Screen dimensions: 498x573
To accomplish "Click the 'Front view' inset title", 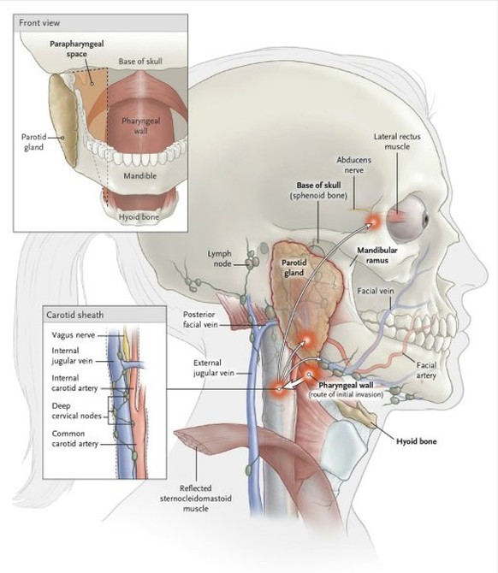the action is coord(39,23).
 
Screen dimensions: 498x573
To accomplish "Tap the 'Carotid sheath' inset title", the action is coord(75,315).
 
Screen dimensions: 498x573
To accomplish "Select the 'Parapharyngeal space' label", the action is coord(77,49).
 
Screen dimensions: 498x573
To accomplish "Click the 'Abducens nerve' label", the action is coord(354,165).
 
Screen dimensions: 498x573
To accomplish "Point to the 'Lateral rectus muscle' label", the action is coord(397,141).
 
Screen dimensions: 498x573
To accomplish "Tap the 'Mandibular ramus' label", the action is coord(377,256).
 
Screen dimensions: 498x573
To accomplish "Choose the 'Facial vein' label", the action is coord(376,291).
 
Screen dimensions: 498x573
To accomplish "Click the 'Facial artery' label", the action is coord(426,370).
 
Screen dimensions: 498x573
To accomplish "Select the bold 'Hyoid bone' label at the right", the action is coord(417,441).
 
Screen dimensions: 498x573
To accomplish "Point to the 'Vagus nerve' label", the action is coord(73,335).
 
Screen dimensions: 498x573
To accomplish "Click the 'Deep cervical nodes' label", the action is coord(76,411).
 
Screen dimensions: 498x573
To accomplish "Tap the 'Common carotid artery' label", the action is coord(75,439).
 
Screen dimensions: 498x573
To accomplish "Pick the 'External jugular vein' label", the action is coord(214,368).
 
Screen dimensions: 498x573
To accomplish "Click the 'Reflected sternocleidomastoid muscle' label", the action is coord(196,498).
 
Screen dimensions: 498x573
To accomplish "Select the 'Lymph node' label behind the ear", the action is coord(220,258).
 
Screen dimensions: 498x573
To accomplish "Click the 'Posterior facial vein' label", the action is coord(200,319).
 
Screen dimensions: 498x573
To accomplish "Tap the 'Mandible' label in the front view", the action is coord(140,176).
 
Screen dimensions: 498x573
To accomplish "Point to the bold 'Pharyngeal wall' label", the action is coord(347,385).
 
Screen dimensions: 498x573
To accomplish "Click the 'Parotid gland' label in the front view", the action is coord(33,142).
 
